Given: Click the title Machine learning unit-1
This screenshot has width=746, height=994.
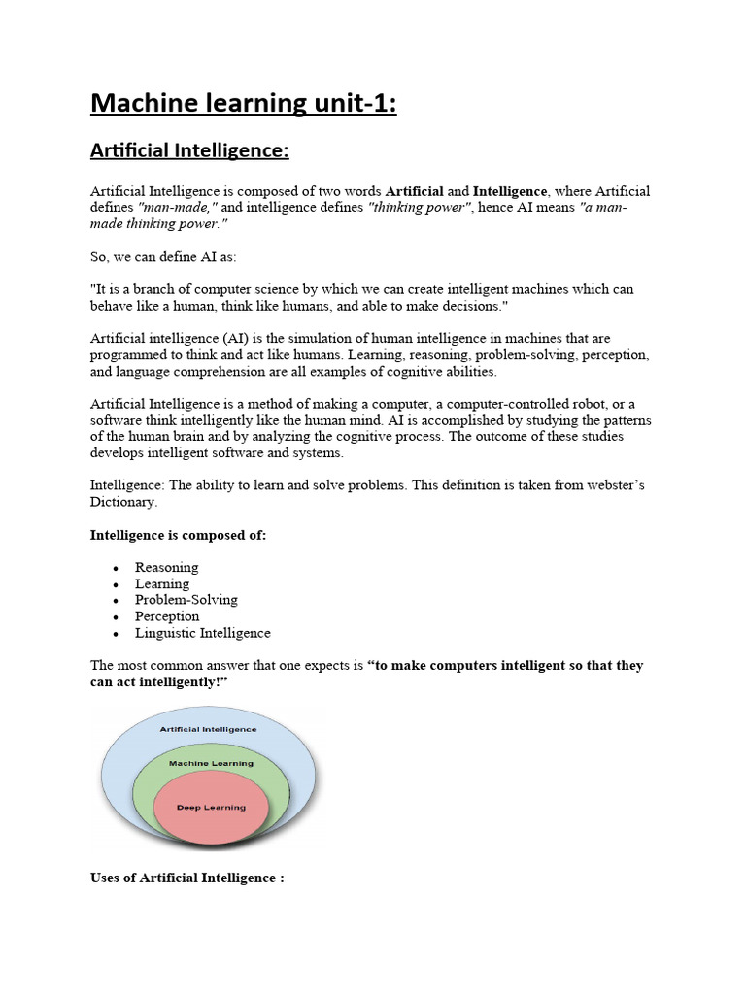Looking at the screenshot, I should [x=244, y=102].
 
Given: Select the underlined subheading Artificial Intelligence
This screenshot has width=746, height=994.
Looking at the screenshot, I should [x=189, y=151].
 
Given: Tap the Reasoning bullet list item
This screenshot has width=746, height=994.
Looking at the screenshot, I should [x=166, y=567].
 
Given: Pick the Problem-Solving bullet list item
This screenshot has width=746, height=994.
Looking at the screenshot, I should [x=186, y=600].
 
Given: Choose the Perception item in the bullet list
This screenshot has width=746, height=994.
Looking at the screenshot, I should [x=167, y=616].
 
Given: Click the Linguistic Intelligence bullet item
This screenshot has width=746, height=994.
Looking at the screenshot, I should [x=202, y=633].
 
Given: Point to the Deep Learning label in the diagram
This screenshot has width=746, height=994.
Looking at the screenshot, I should [x=211, y=807].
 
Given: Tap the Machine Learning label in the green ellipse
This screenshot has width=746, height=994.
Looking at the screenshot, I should [x=211, y=763].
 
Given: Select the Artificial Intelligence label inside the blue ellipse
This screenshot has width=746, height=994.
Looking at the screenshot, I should [x=209, y=728].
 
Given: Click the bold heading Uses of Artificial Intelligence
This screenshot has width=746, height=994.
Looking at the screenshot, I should [x=186, y=878].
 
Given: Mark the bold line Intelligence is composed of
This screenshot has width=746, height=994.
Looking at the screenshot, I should [x=178, y=534].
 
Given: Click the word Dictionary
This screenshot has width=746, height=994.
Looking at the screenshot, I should [x=122, y=502].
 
